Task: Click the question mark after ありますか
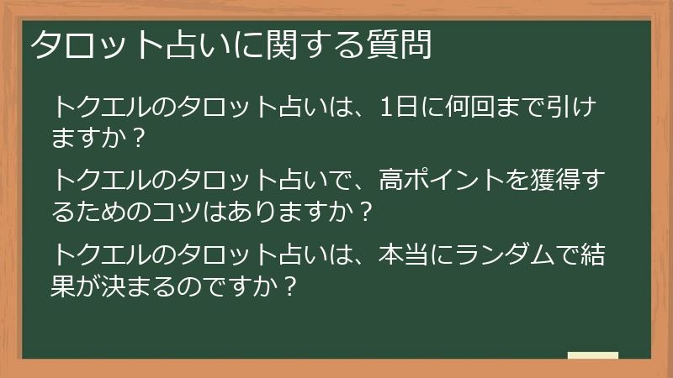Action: [364, 210]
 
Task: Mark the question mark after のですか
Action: [290, 284]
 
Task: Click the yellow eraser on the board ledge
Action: [592, 355]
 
